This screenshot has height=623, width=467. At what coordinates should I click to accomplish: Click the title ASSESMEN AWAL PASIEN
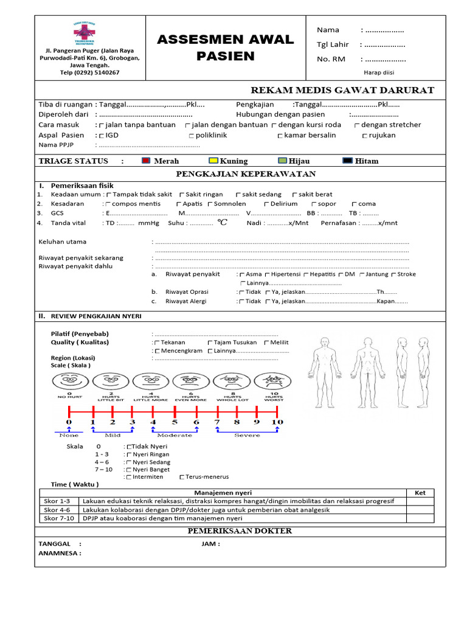[225, 48]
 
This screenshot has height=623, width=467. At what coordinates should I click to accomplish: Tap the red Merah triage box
[146, 161]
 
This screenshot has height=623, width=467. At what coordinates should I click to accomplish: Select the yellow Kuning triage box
[213, 161]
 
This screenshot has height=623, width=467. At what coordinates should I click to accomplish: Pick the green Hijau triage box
[282, 161]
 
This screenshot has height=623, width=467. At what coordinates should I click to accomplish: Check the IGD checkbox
[101, 136]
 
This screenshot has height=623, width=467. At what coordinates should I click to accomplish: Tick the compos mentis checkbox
[108, 204]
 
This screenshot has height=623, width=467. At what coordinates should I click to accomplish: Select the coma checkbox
[354, 204]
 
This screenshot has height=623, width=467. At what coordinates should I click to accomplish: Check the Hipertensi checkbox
[266, 275]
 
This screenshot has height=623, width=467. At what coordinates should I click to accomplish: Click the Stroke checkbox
[393, 275]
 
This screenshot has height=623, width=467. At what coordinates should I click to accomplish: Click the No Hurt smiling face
[69, 382]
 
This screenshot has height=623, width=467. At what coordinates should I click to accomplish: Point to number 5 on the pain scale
[175, 422]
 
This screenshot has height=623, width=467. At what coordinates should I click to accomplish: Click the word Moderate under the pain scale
[175, 435]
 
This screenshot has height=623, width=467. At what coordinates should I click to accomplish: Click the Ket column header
[420, 492]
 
